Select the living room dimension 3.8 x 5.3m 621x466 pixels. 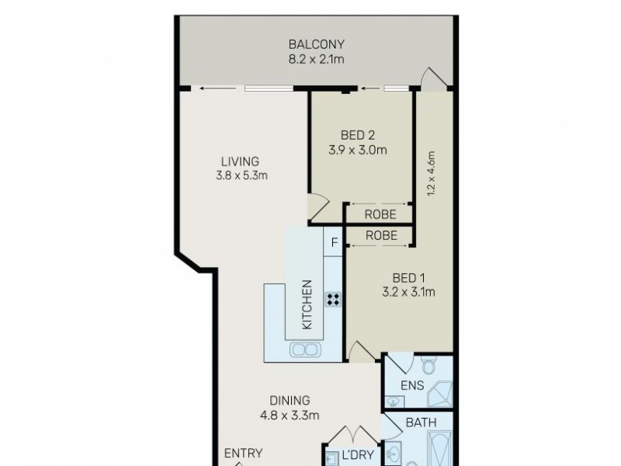point(241,176)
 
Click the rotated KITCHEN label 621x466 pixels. point(307,304)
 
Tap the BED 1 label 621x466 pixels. point(408,279)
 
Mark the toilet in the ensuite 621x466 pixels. point(428,366)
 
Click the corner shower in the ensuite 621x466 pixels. point(439,395)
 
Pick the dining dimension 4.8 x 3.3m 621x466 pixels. point(290,416)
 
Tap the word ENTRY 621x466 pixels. point(243,454)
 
